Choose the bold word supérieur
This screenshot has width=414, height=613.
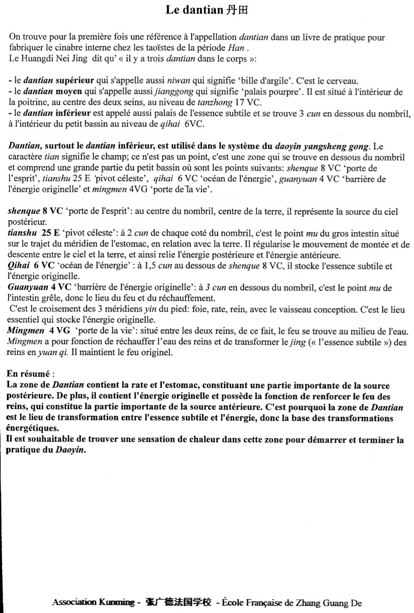click(75, 81)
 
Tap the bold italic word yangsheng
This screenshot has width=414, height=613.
click(323, 146)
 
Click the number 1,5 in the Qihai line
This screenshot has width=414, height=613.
click(150, 266)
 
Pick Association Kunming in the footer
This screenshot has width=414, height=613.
click(93, 602)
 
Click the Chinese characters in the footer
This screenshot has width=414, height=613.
click(178, 602)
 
